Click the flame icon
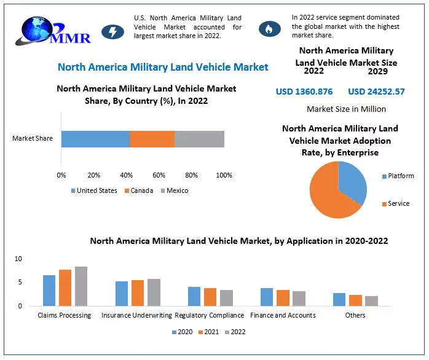coord(268,29)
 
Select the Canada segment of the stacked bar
coord(152,139)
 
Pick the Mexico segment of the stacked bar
coord(199,139)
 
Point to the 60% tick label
coord(159,175)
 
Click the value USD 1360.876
coord(304,92)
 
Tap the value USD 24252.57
coord(376,92)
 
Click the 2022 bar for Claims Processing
coord(81,286)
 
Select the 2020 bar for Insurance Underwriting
coord(122,294)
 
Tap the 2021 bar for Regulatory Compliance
coord(210,297)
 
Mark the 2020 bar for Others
coord(339,299)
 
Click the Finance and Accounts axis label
coord(283,315)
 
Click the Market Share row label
coord(33,138)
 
